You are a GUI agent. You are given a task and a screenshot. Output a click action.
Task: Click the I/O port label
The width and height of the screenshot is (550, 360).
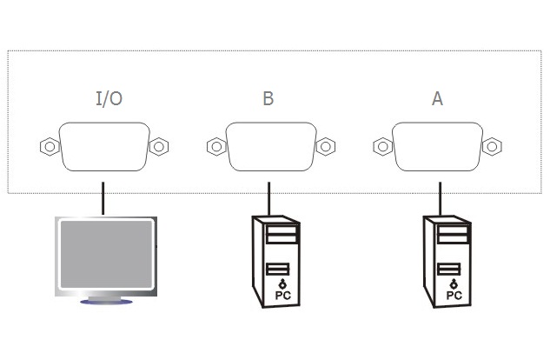click(109, 98)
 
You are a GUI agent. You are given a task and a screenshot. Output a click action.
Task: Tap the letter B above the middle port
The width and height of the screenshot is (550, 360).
click(268, 98)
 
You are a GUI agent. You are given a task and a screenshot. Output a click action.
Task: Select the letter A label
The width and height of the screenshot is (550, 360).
click(437, 98)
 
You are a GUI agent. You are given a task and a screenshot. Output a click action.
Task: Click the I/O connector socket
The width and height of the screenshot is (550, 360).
click(104, 147)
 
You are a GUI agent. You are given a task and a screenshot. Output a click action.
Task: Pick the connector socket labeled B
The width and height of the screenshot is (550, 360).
click(270, 145)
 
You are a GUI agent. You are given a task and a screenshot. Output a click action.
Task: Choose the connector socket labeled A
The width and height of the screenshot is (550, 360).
click(438, 145)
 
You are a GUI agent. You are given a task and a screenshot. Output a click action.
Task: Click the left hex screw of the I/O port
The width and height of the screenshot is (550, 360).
click(49, 147)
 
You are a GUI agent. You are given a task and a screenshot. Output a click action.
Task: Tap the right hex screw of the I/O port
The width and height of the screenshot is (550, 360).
click(158, 147)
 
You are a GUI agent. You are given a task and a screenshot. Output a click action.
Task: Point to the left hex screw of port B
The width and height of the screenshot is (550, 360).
click(215, 146)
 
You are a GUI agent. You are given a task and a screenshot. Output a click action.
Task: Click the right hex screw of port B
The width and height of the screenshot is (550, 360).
click(325, 146)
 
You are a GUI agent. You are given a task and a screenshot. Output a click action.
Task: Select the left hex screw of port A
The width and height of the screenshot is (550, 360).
click(382, 146)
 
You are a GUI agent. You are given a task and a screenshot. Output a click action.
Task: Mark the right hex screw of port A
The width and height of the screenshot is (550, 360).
click(492, 146)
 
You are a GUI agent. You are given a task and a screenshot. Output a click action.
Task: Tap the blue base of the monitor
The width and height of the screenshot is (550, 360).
click(106, 302)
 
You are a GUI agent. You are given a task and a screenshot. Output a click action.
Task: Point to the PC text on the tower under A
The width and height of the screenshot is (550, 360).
click(454, 296)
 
